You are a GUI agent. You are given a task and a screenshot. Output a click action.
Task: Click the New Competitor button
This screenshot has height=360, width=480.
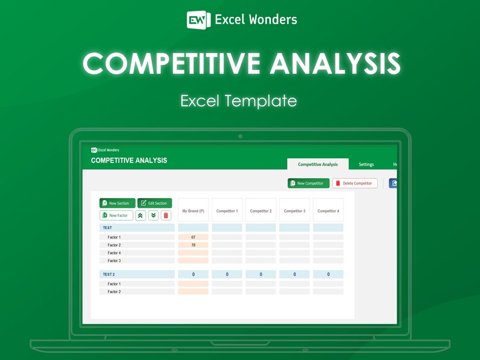pos(308,183)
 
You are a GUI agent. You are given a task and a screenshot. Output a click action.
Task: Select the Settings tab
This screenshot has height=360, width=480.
pos(366,164)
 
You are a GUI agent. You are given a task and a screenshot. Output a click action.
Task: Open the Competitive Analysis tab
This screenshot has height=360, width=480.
pos(318,164)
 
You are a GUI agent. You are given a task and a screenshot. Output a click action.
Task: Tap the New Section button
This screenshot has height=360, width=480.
pos(117,203)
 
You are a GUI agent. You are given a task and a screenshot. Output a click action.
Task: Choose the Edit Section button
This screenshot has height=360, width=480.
pos(155,203)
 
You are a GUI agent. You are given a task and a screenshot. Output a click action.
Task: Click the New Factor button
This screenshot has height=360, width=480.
pos(117,215)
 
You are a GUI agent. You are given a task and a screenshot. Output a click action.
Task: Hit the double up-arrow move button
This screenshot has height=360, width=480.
pos(140,215)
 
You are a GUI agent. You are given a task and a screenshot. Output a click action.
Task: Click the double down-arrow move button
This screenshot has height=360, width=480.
pos(153,215)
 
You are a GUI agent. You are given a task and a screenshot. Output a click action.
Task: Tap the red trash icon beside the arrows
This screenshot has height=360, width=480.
pos(166,215)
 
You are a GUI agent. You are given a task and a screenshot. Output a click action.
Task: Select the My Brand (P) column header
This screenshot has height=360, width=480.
pos(193,211)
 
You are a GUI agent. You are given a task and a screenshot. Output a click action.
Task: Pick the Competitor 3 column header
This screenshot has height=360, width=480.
pos(294,211)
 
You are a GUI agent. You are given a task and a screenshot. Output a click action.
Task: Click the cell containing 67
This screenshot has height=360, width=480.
pos(193,237)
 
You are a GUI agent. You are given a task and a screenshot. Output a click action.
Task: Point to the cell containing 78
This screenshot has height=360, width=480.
pos(193,245)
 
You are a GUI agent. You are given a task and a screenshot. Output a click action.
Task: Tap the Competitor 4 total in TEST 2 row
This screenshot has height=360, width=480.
pos(328,274)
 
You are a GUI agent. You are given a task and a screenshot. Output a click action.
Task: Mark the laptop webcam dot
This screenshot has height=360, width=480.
pos(240,137)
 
